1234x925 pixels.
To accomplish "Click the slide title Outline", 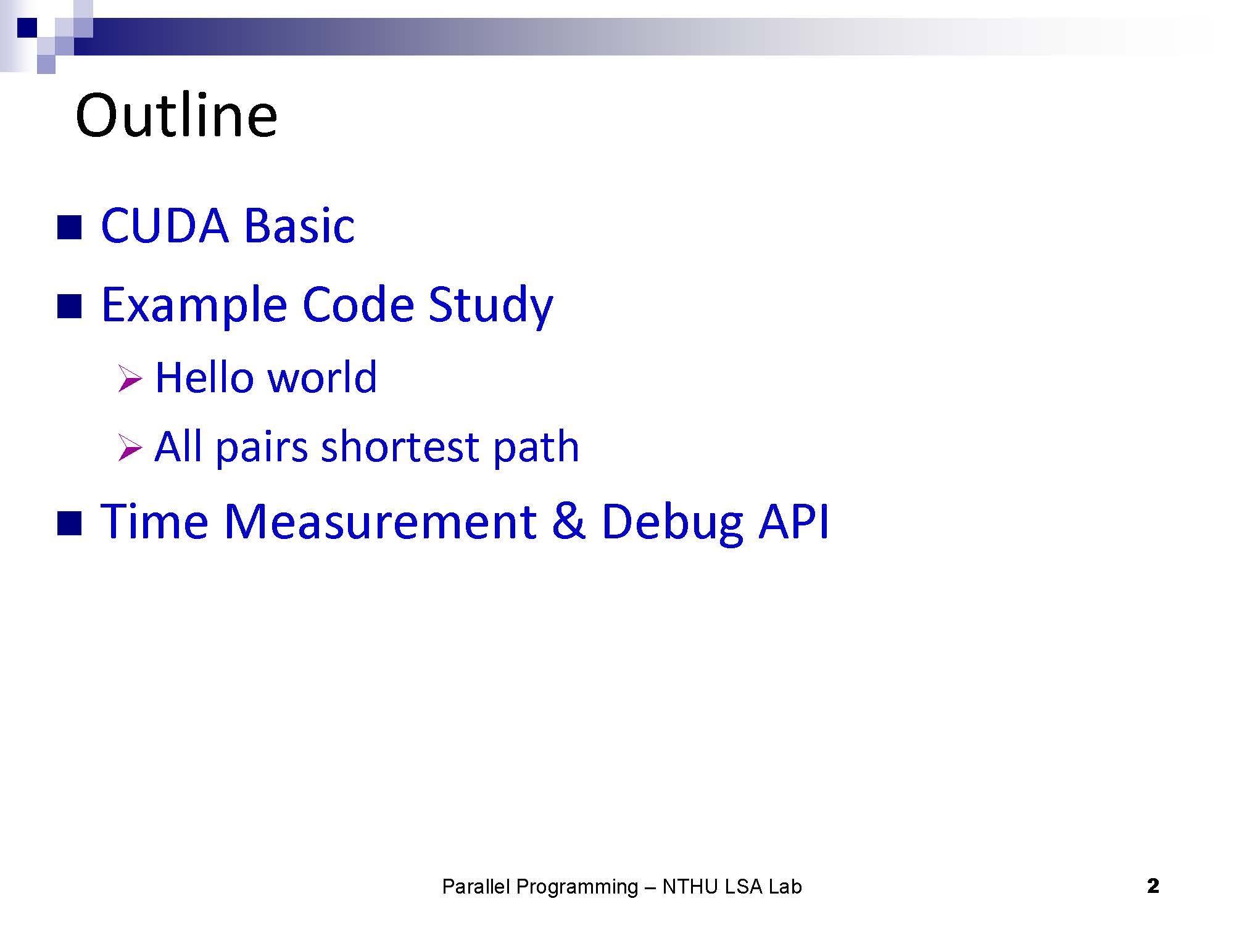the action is coord(176,115).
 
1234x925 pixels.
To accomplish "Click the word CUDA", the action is coord(165,225).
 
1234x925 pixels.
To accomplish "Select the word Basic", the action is coord(299,225).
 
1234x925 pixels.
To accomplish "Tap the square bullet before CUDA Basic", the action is coord(69,227).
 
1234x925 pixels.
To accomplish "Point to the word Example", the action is coord(194,306).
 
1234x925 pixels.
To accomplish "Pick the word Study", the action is coord(491,306).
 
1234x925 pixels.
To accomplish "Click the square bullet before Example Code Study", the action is coord(69,306).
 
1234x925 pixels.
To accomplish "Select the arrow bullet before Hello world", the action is coord(130,379).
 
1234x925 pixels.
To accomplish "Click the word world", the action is coord(322,377).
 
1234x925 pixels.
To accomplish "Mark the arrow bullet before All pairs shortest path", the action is coord(130,448).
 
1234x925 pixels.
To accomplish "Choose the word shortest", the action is coord(400,446).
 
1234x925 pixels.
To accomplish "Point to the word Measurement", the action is coord(380,522).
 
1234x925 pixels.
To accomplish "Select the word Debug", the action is coord(672,524).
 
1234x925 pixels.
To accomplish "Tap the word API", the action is coord(793,522).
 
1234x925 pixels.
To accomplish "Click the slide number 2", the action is coord(1153,886).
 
